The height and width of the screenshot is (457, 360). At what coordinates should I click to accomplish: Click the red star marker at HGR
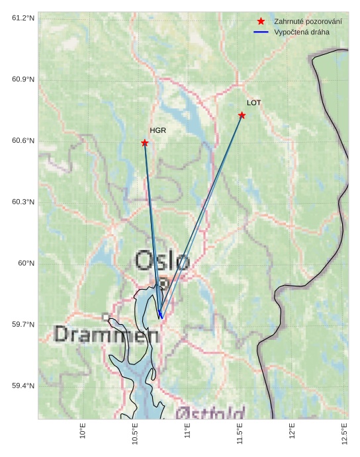[x=144, y=143]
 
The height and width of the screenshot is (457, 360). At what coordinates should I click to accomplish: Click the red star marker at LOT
[x=242, y=115]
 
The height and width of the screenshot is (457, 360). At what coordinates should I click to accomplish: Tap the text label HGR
[x=157, y=130]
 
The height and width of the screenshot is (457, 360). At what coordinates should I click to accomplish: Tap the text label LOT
[x=254, y=103]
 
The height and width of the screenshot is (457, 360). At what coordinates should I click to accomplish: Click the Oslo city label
[x=163, y=261]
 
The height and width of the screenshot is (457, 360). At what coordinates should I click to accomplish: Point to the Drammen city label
[x=107, y=334]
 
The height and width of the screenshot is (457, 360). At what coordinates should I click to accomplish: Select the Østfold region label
[x=210, y=414]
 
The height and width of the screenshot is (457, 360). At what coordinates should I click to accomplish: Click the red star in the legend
[x=261, y=21]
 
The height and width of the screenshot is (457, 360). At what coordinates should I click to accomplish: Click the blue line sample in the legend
[x=261, y=32]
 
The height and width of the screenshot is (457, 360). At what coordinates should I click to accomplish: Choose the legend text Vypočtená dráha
[x=301, y=32]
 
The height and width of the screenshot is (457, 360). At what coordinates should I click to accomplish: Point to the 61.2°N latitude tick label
[x=23, y=18]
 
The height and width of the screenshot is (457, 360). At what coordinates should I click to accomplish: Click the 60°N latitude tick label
[x=26, y=263]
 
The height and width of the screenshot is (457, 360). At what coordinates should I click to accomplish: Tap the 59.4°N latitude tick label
[x=23, y=386]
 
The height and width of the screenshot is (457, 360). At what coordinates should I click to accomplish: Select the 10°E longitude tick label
[x=83, y=431]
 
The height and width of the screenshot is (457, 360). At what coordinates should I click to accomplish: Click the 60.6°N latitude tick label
[x=23, y=140]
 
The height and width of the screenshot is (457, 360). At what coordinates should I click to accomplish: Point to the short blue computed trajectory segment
[x=159, y=313]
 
